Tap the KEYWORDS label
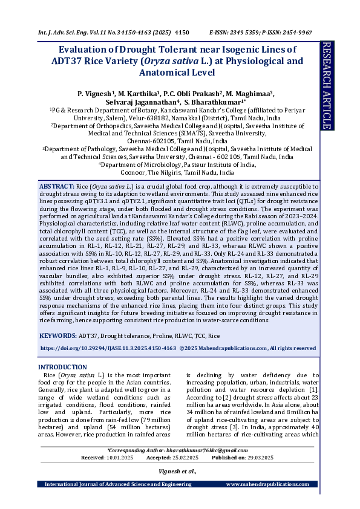click(x=58, y=335)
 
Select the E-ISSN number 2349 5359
click(x=250, y=31)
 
